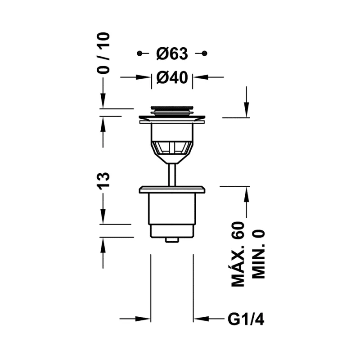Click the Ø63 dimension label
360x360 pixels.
point(172,54)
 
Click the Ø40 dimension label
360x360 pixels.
point(172,77)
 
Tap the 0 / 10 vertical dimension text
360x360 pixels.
point(103,53)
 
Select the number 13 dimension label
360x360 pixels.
point(103,181)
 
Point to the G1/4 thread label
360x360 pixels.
point(246,319)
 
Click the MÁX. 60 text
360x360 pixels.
point(238,254)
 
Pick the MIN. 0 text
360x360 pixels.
point(258,254)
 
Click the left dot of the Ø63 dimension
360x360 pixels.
point(139,54)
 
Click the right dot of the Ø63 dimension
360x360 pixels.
point(205,54)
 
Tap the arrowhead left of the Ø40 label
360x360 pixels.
point(144,77)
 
